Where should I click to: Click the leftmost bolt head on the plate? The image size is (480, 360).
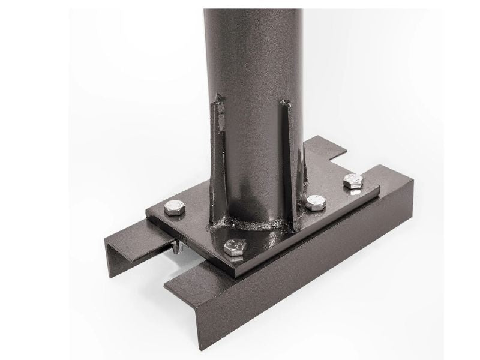click(175, 207)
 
